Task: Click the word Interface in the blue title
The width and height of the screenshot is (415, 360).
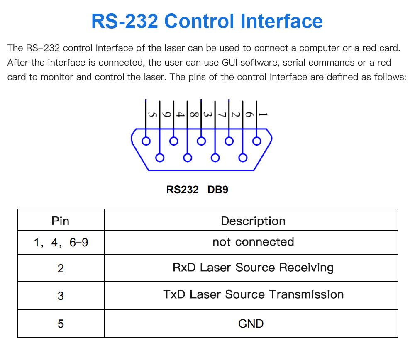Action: click(281, 21)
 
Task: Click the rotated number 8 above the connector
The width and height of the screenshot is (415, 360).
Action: click(194, 114)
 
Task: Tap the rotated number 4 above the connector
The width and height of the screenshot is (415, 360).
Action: click(180, 114)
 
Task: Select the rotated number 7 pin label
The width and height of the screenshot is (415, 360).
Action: click(222, 114)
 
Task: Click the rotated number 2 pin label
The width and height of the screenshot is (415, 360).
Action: click(235, 114)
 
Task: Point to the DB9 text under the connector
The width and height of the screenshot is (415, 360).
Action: click(217, 190)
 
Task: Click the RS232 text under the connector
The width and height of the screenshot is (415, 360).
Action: click(182, 190)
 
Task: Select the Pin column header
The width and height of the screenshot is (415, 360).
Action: click(60, 221)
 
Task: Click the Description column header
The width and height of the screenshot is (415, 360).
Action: click(253, 221)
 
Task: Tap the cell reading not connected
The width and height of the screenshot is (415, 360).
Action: click(253, 242)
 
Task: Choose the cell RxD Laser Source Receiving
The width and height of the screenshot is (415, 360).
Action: click(253, 268)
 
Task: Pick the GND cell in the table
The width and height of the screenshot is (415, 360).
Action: click(251, 324)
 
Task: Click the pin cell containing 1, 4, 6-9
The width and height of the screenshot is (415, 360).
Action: click(61, 242)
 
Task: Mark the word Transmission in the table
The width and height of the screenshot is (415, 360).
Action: click(307, 294)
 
